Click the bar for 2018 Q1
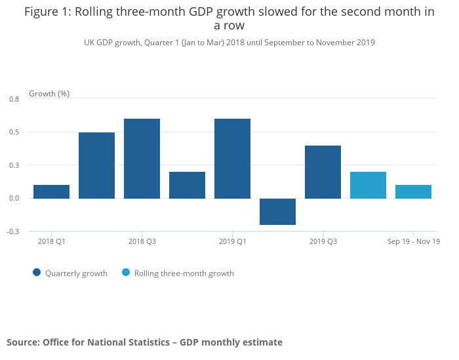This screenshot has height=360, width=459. tap(51, 191)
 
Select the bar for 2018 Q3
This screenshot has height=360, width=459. tap(142, 159)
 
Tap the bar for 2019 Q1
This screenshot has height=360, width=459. tap(232, 159)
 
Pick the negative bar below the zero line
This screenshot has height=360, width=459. tap(277, 211)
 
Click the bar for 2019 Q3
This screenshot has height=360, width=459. tap(323, 172)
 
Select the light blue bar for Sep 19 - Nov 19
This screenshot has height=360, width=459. tap(413, 191)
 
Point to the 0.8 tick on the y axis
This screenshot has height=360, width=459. tap(14, 99)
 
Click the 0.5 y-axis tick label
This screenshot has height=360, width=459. tap(14, 132)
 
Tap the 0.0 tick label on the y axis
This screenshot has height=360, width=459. tap(14, 198)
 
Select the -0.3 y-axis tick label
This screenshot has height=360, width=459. tap(13, 231)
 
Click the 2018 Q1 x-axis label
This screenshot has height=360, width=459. tap(51, 241)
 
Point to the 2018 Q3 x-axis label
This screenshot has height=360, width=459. tap(142, 241)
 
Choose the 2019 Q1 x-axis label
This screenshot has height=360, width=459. tap(232, 241)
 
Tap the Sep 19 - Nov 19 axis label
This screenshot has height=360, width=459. tap(413, 241)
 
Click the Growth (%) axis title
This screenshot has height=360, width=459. tap(49, 94)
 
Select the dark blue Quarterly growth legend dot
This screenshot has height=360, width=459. tap(37, 273)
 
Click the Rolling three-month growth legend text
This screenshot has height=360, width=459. tap(184, 273)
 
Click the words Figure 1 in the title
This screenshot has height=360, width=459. tap(48, 12)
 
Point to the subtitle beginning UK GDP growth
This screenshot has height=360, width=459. tap(229, 43)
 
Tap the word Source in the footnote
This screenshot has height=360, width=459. tap(22, 342)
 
